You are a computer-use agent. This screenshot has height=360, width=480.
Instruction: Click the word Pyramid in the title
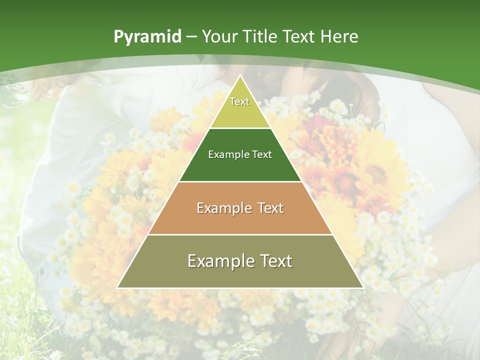coord(147,37)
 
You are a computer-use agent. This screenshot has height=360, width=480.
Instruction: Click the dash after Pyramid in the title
coord(191,37)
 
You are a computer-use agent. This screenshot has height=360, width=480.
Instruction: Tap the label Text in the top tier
coord(239,101)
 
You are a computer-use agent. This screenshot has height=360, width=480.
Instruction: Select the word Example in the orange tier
coord(224,208)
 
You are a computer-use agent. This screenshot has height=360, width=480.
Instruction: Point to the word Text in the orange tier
coord(270,208)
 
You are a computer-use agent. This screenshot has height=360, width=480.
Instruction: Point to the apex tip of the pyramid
coord(240,76)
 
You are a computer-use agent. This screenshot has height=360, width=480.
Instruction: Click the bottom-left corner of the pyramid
coord(118,287)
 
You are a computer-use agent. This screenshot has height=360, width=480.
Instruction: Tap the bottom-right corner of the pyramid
coord(362,287)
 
